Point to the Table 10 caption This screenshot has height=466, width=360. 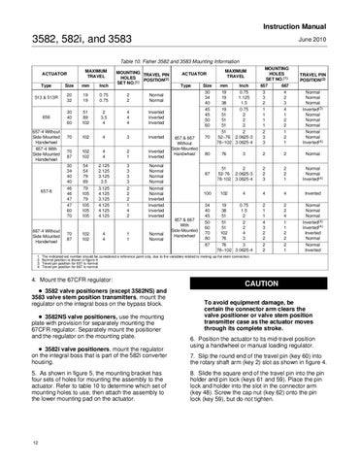click(179, 60)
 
